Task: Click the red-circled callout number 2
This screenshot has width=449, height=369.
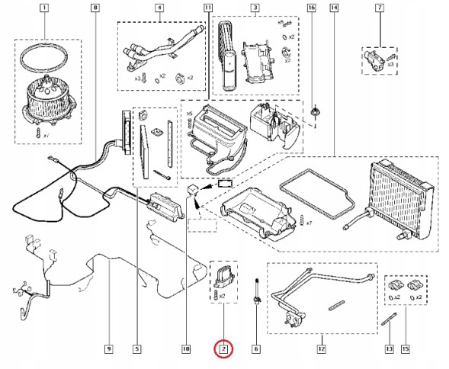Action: click(x=223, y=350)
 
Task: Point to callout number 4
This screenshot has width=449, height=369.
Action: click(x=159, y=8)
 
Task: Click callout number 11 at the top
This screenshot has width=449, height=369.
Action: click(x=208, y=8)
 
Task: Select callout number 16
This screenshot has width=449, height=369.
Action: click(x=311, y=8)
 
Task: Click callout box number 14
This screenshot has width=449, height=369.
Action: click(x=334, y=8)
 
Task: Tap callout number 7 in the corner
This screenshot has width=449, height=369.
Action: click(x=399, y=8)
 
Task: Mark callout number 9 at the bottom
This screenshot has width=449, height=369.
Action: click(x=108, y=350)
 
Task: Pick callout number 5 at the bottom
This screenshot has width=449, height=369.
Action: click(x=137, y=350)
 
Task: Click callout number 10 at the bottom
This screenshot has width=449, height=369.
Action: click(x=185, y=350)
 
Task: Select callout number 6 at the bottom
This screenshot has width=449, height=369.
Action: click(x=256, y=350)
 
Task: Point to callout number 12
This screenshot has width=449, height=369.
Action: click(x=321, y=350)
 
